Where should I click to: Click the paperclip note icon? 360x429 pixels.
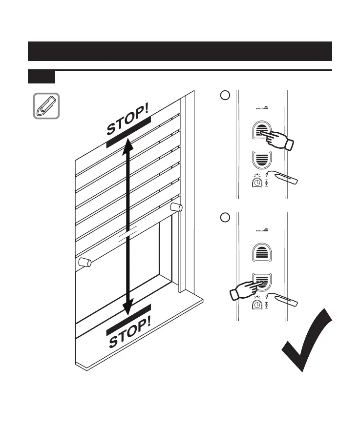click(46, 106)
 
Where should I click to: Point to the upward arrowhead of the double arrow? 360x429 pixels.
click(128, 143)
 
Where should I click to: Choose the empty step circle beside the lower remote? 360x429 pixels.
click(224, 218)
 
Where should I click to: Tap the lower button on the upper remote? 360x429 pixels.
click(262, 160)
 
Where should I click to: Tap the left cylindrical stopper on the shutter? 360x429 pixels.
click(85, 263)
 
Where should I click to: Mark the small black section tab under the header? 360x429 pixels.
click(42, 77)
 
